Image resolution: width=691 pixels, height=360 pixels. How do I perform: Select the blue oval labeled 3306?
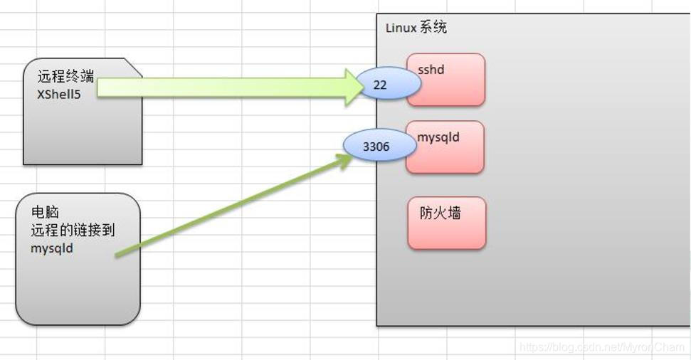click(x=379, y=147)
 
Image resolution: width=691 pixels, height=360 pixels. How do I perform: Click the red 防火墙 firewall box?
click(x=447, y=223)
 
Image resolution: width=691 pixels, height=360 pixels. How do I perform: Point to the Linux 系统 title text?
click(x=416, y=28)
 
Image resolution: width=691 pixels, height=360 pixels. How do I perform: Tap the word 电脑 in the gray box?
click(x=45, y=212)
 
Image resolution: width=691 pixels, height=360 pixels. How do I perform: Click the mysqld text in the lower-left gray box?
click(x=51, y=248)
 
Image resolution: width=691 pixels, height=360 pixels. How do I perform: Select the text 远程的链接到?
click(x=73, y=231)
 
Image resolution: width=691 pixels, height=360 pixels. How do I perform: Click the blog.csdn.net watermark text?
click(x=601, y=347)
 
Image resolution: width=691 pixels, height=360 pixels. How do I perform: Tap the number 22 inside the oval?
click(x=380, y=85)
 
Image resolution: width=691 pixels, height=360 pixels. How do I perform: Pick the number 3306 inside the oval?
click(x=376, y=147)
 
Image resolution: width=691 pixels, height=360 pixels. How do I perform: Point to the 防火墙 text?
click(x=440, y=212)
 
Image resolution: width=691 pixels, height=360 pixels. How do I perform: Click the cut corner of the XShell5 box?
click(x=133, y=66)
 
